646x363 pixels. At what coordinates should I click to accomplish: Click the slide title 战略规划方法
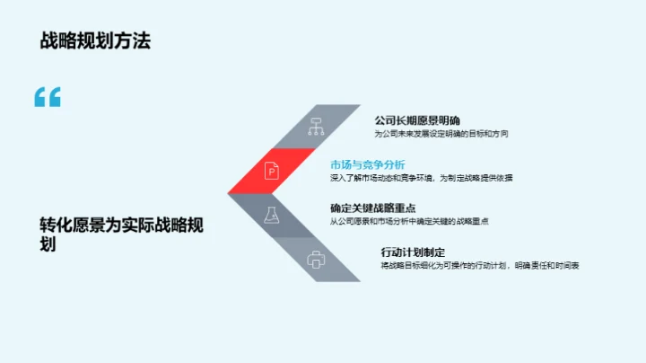94,40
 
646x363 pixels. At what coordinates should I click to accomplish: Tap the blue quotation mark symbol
48,98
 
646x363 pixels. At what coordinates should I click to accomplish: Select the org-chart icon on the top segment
316,127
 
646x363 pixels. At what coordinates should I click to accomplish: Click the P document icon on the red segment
271,170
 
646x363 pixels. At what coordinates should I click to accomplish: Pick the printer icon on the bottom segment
316,260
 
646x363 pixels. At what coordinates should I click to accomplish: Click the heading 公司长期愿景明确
417,119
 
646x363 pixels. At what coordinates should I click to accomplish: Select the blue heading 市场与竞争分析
368,164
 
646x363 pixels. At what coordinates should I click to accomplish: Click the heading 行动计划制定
413,252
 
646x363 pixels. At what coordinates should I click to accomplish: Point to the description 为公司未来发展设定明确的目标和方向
441,134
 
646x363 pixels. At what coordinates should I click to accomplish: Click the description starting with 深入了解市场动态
421,178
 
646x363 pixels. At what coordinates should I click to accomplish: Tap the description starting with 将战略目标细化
480,266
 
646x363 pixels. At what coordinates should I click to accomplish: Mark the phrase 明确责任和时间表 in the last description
547,266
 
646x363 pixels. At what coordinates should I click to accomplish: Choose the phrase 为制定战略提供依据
476,178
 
